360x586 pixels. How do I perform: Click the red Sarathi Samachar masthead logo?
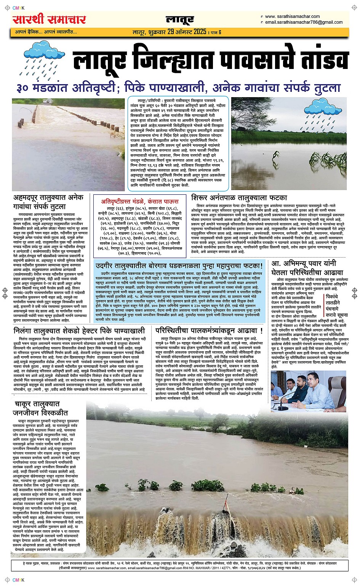pyautogui.click(x=49, y=19)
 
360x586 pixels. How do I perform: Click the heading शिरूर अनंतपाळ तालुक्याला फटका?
pyautogui.click(x=239, y=198)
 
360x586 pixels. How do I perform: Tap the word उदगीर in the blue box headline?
pyautogui.click(x=108, y=265)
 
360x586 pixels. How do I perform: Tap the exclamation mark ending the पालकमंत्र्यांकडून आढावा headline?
pyautogui.click(x=261, y=330)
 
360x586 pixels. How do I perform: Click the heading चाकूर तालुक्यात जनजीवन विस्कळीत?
pyautogui.click(x=40, y=408)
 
